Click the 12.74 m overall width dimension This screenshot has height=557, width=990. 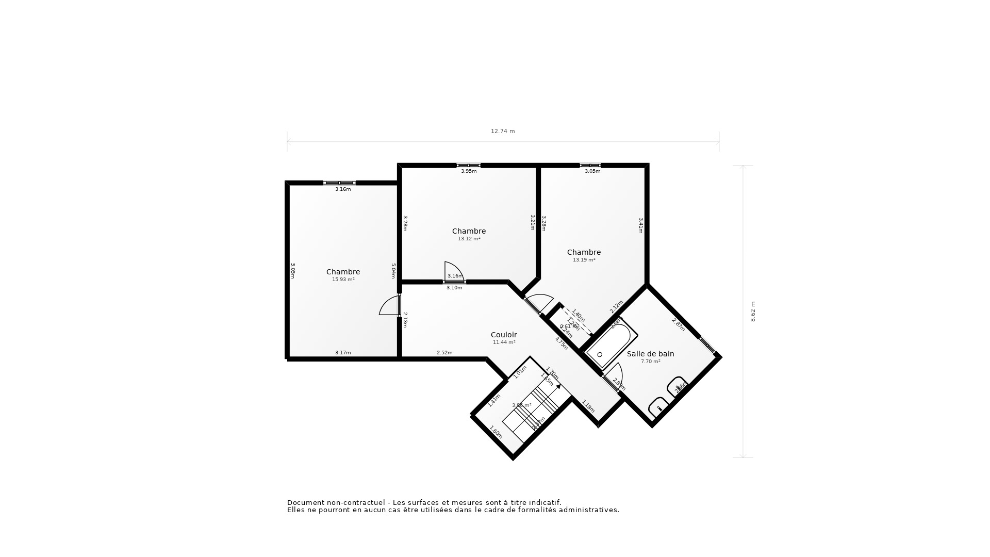503,131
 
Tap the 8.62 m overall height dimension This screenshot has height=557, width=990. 753,312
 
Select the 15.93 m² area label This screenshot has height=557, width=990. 343,280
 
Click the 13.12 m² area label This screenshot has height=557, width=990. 469,239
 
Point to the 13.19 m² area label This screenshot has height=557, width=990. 584,260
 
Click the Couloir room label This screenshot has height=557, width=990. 504,335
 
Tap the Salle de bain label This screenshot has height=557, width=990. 650,354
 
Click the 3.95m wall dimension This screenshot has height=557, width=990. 469,171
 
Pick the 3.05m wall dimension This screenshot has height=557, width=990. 592,171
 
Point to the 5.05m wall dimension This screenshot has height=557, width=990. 293,271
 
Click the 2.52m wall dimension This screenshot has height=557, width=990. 444,353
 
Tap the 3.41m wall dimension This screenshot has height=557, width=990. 641,225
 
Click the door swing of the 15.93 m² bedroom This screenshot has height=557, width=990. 389,306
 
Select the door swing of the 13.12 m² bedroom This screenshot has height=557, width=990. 453,272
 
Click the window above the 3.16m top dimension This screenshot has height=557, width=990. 339,183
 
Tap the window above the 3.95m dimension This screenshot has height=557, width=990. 468,166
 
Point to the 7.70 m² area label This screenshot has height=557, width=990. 650,362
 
